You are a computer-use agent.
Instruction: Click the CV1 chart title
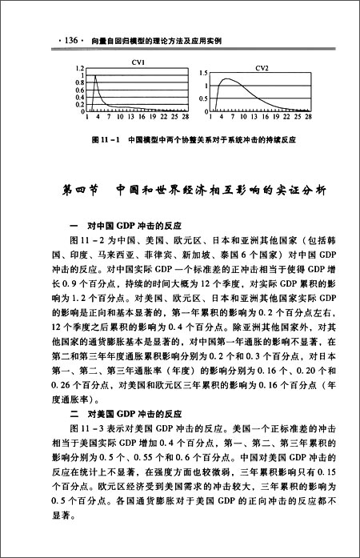coord(126,62)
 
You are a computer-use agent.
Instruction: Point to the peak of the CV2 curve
coord(231,78)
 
